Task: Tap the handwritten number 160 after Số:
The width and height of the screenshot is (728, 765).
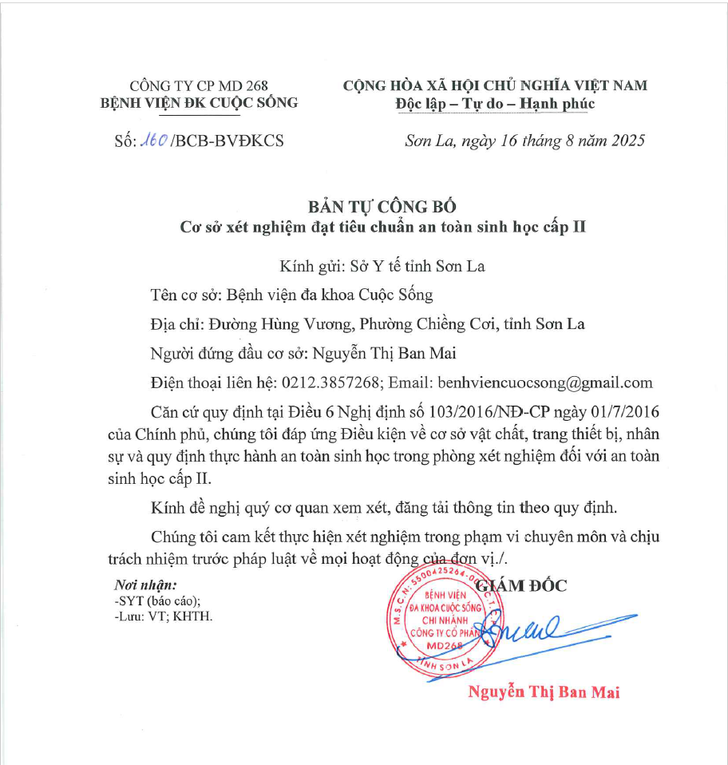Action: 154,141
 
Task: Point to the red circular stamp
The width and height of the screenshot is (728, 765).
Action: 445,620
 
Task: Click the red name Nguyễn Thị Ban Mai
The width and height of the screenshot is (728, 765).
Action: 544,692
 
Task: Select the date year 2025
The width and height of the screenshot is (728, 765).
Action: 625,141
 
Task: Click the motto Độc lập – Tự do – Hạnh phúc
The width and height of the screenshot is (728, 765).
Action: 495,104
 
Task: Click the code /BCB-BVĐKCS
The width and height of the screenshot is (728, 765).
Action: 227,141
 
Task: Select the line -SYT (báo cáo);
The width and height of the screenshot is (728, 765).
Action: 157,601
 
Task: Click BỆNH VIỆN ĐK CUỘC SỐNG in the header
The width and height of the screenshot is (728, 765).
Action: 199,103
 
